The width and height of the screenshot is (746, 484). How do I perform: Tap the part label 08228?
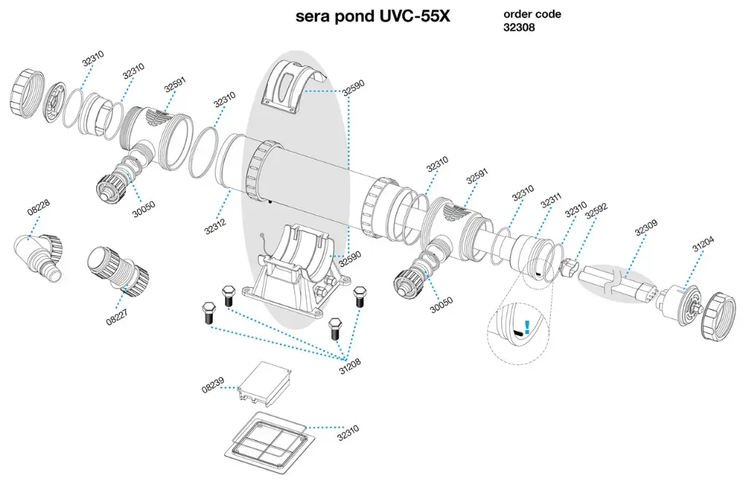coord(39,211)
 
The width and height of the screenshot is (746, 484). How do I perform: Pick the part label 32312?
coord(216,222)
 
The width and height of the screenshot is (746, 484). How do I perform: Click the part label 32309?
coord(645,230)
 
